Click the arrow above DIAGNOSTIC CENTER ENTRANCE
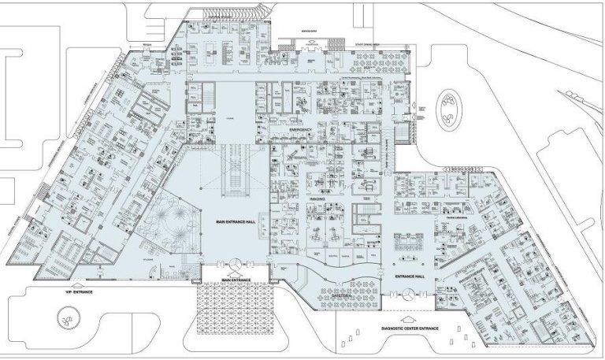(x=403, y=317)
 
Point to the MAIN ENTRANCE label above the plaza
(x=236, y=280)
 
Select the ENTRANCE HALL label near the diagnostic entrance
(x=409, y=277)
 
